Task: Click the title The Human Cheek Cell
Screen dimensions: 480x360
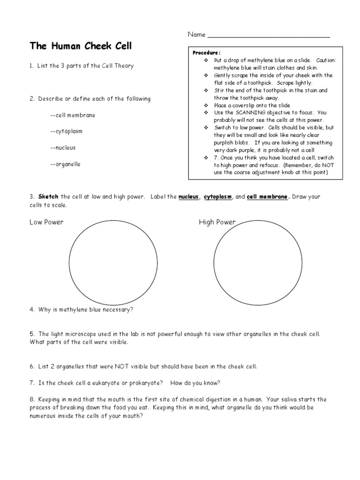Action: tap(81, 46)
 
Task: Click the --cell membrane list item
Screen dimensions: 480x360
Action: tap(72, 115)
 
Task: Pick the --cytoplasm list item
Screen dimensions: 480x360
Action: tap(66, 131)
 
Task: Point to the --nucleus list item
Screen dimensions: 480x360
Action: tap(63, 148)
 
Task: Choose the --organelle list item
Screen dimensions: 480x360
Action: tap(65, 164)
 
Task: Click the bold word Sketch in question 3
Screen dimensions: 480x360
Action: tap(48, 197)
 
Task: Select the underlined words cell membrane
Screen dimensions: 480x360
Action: tap(267, 197)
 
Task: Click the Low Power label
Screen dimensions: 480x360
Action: tap(46, 222)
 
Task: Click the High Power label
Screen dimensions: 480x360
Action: tap(217, 222)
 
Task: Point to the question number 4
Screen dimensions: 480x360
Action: tap(32, 309)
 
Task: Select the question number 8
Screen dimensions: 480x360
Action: tap(32, 399)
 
